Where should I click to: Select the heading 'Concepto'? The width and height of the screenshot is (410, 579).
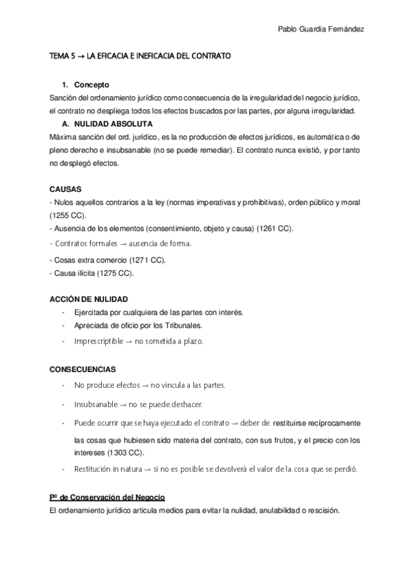(92, 85)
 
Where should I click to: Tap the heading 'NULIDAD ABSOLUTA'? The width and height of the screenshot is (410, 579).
(113, 124)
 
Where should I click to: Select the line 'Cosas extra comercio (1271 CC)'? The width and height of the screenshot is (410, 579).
(108, 260)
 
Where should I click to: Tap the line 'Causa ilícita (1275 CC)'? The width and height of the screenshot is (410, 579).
(93, 273)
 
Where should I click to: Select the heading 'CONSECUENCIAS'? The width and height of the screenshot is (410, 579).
(82, 369)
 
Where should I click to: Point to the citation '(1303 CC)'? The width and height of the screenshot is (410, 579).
(126, 452)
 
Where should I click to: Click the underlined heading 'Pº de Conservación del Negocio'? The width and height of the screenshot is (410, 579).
(107, 496)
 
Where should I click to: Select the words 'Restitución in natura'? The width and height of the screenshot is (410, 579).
(106, 469)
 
